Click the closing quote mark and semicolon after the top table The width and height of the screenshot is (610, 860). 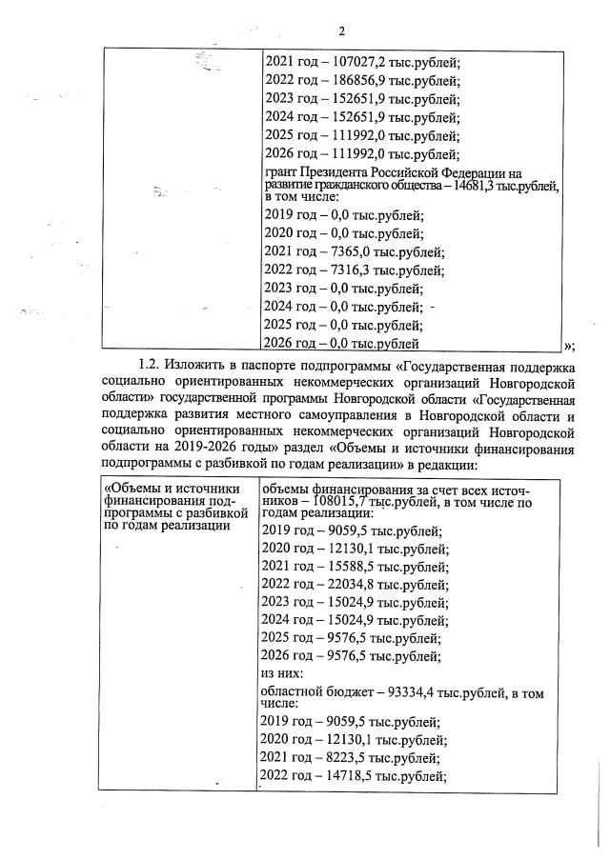click(568, 345)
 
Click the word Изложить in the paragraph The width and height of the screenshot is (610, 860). click(193, 364)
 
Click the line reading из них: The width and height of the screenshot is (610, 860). click(282, 672)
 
